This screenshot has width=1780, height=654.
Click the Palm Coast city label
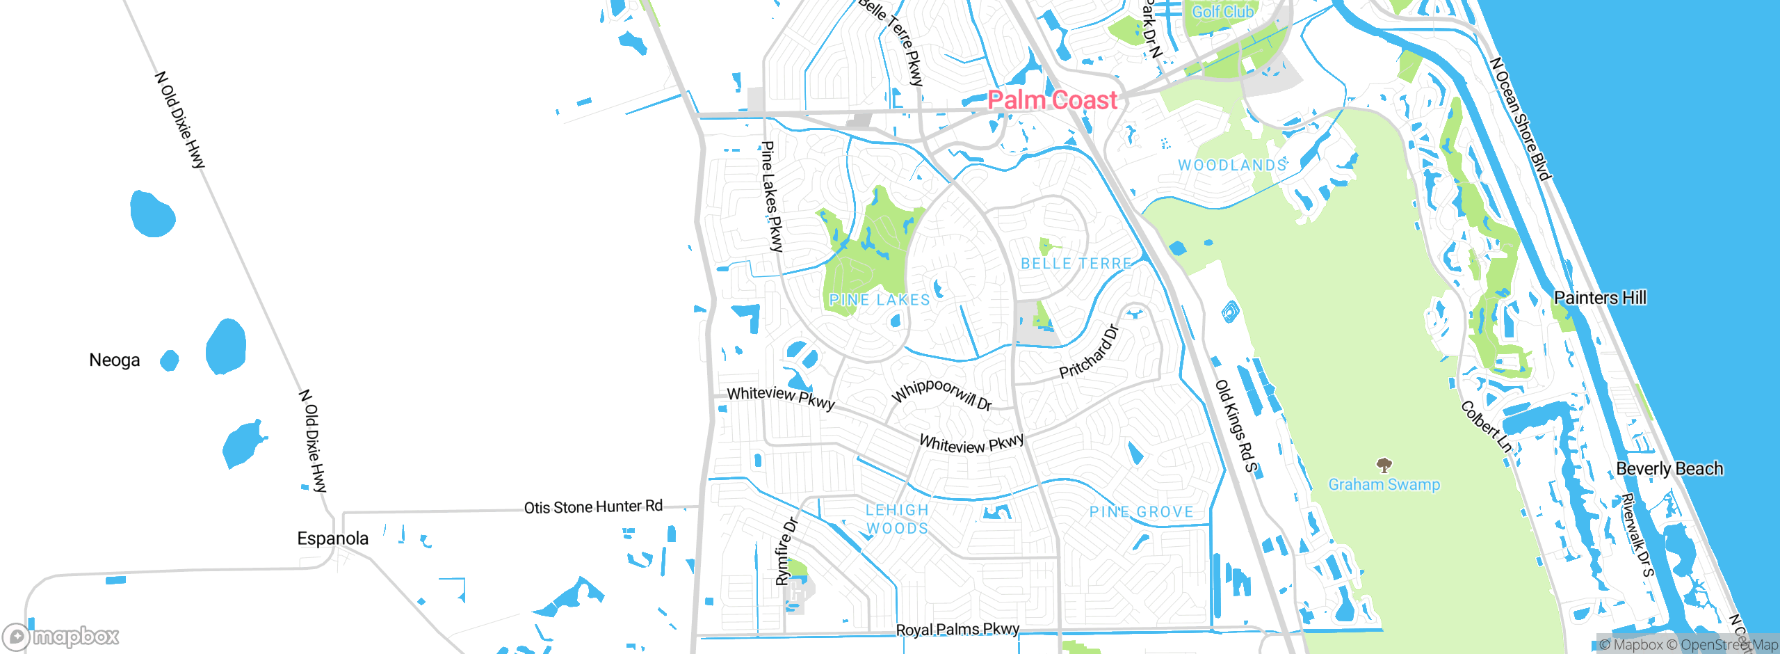1052,100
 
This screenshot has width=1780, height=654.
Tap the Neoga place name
115,360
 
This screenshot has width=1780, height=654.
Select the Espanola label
332,539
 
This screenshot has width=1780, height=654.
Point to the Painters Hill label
1600,298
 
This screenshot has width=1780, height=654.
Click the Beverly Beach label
1669,469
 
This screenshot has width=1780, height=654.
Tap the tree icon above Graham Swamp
1384,465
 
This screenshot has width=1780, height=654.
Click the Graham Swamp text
1384,485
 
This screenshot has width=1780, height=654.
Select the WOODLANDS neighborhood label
1232,166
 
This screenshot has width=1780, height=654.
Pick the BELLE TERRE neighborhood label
1076,264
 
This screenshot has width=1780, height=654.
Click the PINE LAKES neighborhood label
880,300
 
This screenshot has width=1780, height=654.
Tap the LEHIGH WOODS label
897,519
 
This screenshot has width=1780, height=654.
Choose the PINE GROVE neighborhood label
1141,512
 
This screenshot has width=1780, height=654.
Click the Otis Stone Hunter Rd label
593,507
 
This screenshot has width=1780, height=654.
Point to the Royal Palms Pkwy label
957,630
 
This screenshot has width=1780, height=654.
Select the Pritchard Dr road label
1089,351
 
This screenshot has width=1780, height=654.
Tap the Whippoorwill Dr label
941,394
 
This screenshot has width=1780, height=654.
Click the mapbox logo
60,637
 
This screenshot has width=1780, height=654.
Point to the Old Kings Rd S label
1236,426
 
